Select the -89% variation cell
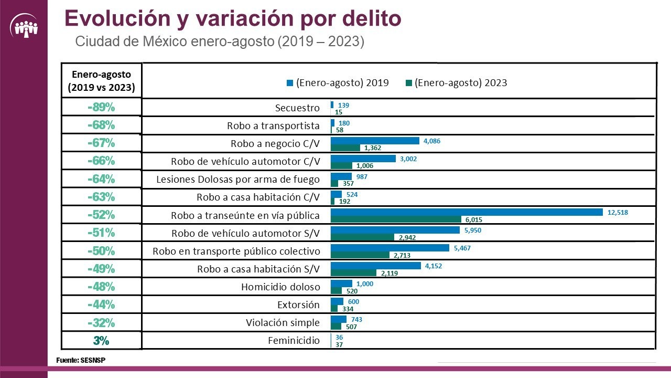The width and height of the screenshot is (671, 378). tap(101, 107)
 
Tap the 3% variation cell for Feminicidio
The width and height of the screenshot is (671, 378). tap(101, 340)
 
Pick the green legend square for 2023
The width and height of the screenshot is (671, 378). tap(408, 83)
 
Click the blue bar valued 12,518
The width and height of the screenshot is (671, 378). tap(467, 212)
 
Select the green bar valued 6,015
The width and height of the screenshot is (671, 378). tap(396, 219)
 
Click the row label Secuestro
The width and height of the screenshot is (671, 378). tap(297, 108)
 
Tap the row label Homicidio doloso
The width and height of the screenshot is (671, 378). tap(280, 287)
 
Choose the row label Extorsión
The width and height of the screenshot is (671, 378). tap(298, 305)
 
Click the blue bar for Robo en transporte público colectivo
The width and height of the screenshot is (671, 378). tap(389, 248)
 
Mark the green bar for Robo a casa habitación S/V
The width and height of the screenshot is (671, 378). tap(353, 273)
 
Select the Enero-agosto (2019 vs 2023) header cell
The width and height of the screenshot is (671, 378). tap(101, 81)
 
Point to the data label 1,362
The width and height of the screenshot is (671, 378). tap(372, 148)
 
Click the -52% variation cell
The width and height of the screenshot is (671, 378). tap(101, 215)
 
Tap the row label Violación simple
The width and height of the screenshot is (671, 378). tap(283, 323)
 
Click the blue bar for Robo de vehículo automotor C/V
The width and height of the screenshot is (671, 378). tap(363, 159)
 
